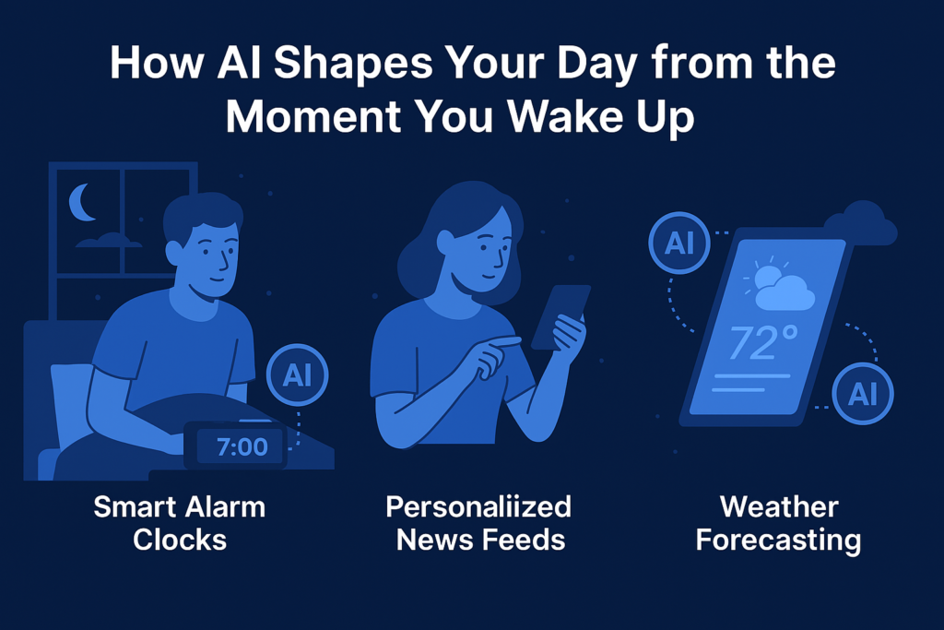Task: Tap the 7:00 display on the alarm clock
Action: point(241,448)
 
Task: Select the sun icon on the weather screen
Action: point(767,277)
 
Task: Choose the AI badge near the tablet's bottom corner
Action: point(862,395)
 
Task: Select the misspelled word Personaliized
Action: point(478,506)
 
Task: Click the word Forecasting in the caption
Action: point(778,539)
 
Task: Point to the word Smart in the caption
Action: point(136,506)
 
